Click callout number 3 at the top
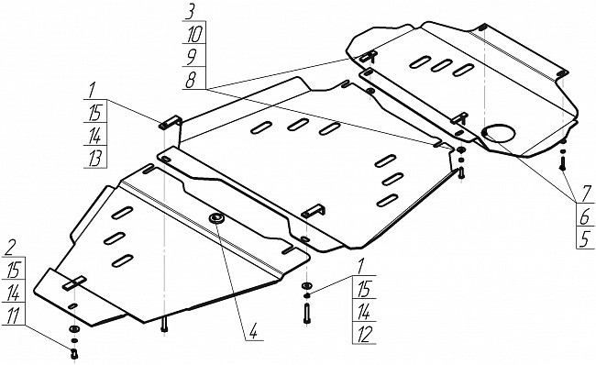point(189,13)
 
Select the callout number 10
point(194,35)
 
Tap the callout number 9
point(191,58)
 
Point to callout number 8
point(190,80)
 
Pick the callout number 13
point(94,159)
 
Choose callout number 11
point(13,315)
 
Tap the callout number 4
point(253,331)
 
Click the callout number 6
point(586,217)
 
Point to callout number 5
point(585,239)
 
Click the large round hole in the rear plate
point(498,133)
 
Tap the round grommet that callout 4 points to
point(216,218)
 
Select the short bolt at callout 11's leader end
point(74,354)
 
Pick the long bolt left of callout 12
point(307,315)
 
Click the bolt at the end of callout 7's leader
point(563,164)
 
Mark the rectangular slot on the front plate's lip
point(75,283)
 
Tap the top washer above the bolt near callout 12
point(306,285)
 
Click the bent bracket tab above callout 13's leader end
point(171,122)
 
